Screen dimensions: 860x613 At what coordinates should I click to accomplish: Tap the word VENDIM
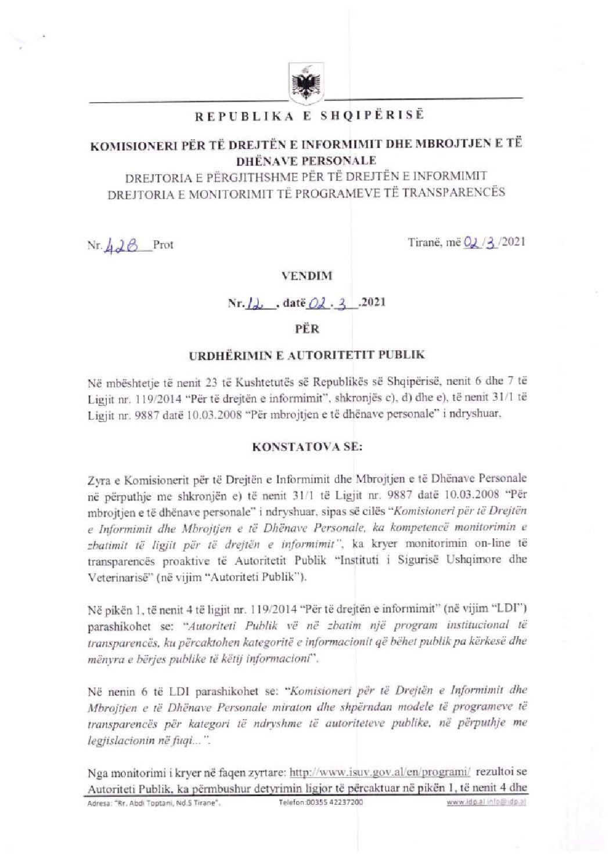[x=306, y=276]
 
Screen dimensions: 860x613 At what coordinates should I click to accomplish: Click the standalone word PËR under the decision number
[x=306, y=328]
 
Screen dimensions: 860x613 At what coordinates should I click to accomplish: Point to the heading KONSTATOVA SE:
[x=306, y=447]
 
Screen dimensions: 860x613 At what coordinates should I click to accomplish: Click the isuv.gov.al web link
[x=380, y=772]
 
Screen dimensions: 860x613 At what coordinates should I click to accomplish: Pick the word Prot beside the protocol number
[x=163, y=245]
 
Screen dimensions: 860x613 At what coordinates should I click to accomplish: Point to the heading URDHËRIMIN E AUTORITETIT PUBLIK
[x=306, y=355]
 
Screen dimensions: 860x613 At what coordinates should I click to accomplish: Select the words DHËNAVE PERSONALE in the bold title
[x=306, y=161]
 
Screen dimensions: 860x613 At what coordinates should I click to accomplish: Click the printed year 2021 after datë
[x=373, y=302]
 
